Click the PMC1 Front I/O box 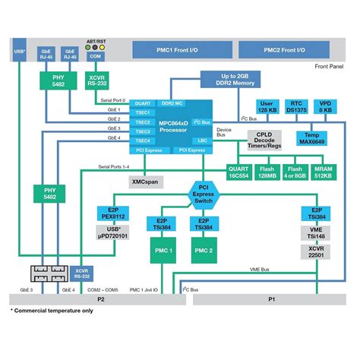click(x=177, y=50)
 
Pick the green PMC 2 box click(x=203, y=251)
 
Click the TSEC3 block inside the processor click(x=142, y=131)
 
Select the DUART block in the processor click(x=142, y=103)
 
